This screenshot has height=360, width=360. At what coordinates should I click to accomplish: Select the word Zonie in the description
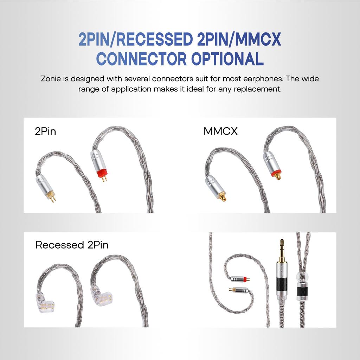(51, 78)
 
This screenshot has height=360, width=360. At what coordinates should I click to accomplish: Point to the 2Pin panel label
(45, 131)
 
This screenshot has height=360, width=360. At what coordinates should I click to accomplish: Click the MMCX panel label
(220, 131)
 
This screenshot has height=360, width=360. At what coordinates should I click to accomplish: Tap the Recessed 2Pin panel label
(72, 245)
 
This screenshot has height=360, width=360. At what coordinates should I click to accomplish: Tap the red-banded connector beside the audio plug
(240, 279)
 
